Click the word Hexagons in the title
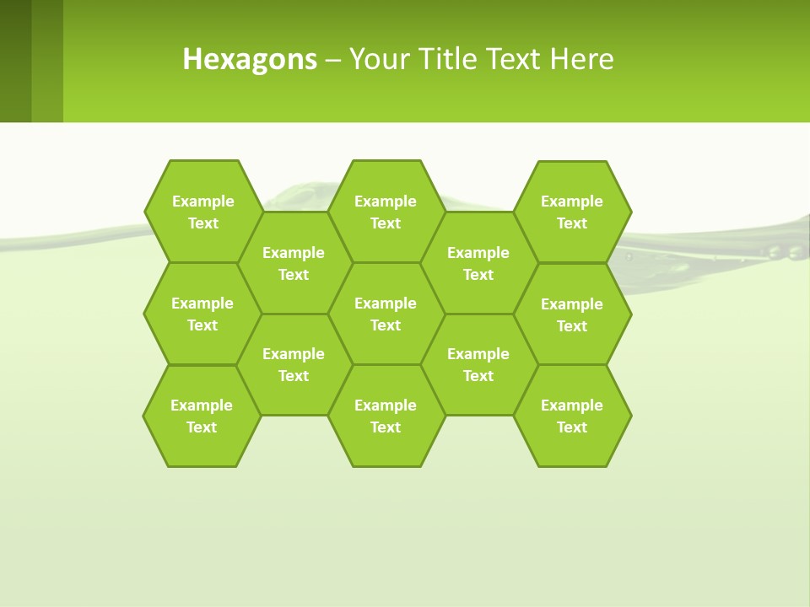[x=250, y=59]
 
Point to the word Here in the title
[x=581, y=59]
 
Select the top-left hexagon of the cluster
[x=202, y=212]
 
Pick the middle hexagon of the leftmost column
[x=202, y=314]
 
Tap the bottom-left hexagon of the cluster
[x=202, y=416]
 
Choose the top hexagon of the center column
[x=386, y=212]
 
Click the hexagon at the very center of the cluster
[x=386, y=314]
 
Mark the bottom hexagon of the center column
[x=386, y=416]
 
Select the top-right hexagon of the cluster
[x=572, y=212]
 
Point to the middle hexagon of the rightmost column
[x=572, y=314]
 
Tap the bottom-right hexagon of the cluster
[x=572, y=416]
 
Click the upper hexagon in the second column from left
[x=294, y=263]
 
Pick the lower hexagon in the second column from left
[x=294, y=364]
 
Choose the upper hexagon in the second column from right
[x=478, y=263]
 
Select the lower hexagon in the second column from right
[x=478, y=364]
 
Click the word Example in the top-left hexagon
[x=202, y=201]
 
